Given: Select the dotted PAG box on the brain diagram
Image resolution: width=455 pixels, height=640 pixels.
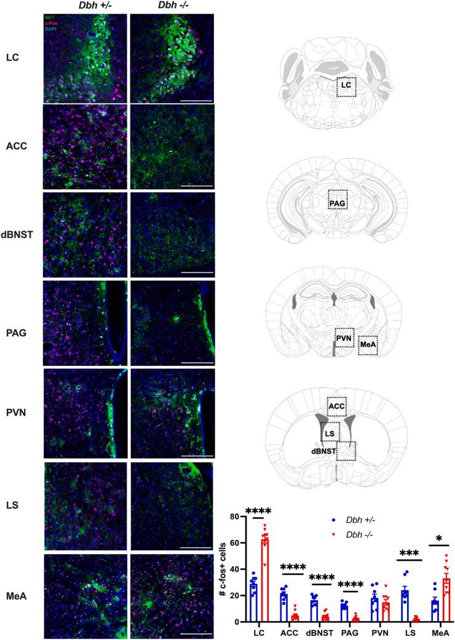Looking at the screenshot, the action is pos(337,200).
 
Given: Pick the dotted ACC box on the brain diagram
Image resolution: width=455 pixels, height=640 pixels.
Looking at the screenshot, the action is pos(336,406).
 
